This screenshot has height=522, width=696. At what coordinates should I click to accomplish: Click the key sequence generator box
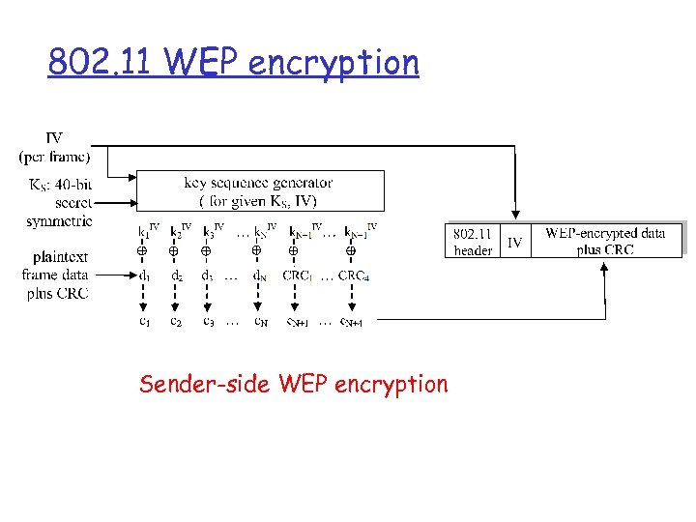click(259, 191)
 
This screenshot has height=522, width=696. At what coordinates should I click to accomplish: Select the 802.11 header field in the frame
click(473, 242)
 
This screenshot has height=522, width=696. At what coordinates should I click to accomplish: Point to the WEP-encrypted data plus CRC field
click(605, 241)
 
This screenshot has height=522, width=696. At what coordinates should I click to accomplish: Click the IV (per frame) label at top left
click(54, 148)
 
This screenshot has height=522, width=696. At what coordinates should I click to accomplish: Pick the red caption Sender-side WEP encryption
click(294, 384)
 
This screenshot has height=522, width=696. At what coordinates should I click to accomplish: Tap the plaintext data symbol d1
click(143, 275)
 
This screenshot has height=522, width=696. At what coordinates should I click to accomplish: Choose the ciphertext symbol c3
click(208, 321)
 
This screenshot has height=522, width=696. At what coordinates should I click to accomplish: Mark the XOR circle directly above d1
click(141, 251)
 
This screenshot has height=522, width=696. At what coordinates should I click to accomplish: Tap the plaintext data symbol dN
click(260, 275)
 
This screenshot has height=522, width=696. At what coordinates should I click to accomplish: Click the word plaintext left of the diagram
click(60, 257)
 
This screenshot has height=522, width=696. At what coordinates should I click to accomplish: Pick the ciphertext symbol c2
click(175, 321)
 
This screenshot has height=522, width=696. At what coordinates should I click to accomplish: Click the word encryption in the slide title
click(333, 64)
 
